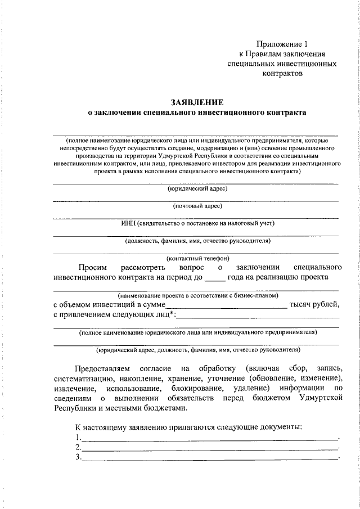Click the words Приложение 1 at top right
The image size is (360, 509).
click(x=282, y=43)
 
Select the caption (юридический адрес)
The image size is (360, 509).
click(x=197, y=189)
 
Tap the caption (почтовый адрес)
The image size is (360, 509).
click(x=197, y=206)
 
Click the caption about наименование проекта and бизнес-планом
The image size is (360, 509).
click(x=197, y=295)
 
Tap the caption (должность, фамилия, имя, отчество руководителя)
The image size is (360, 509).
click(x=197, y=241)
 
